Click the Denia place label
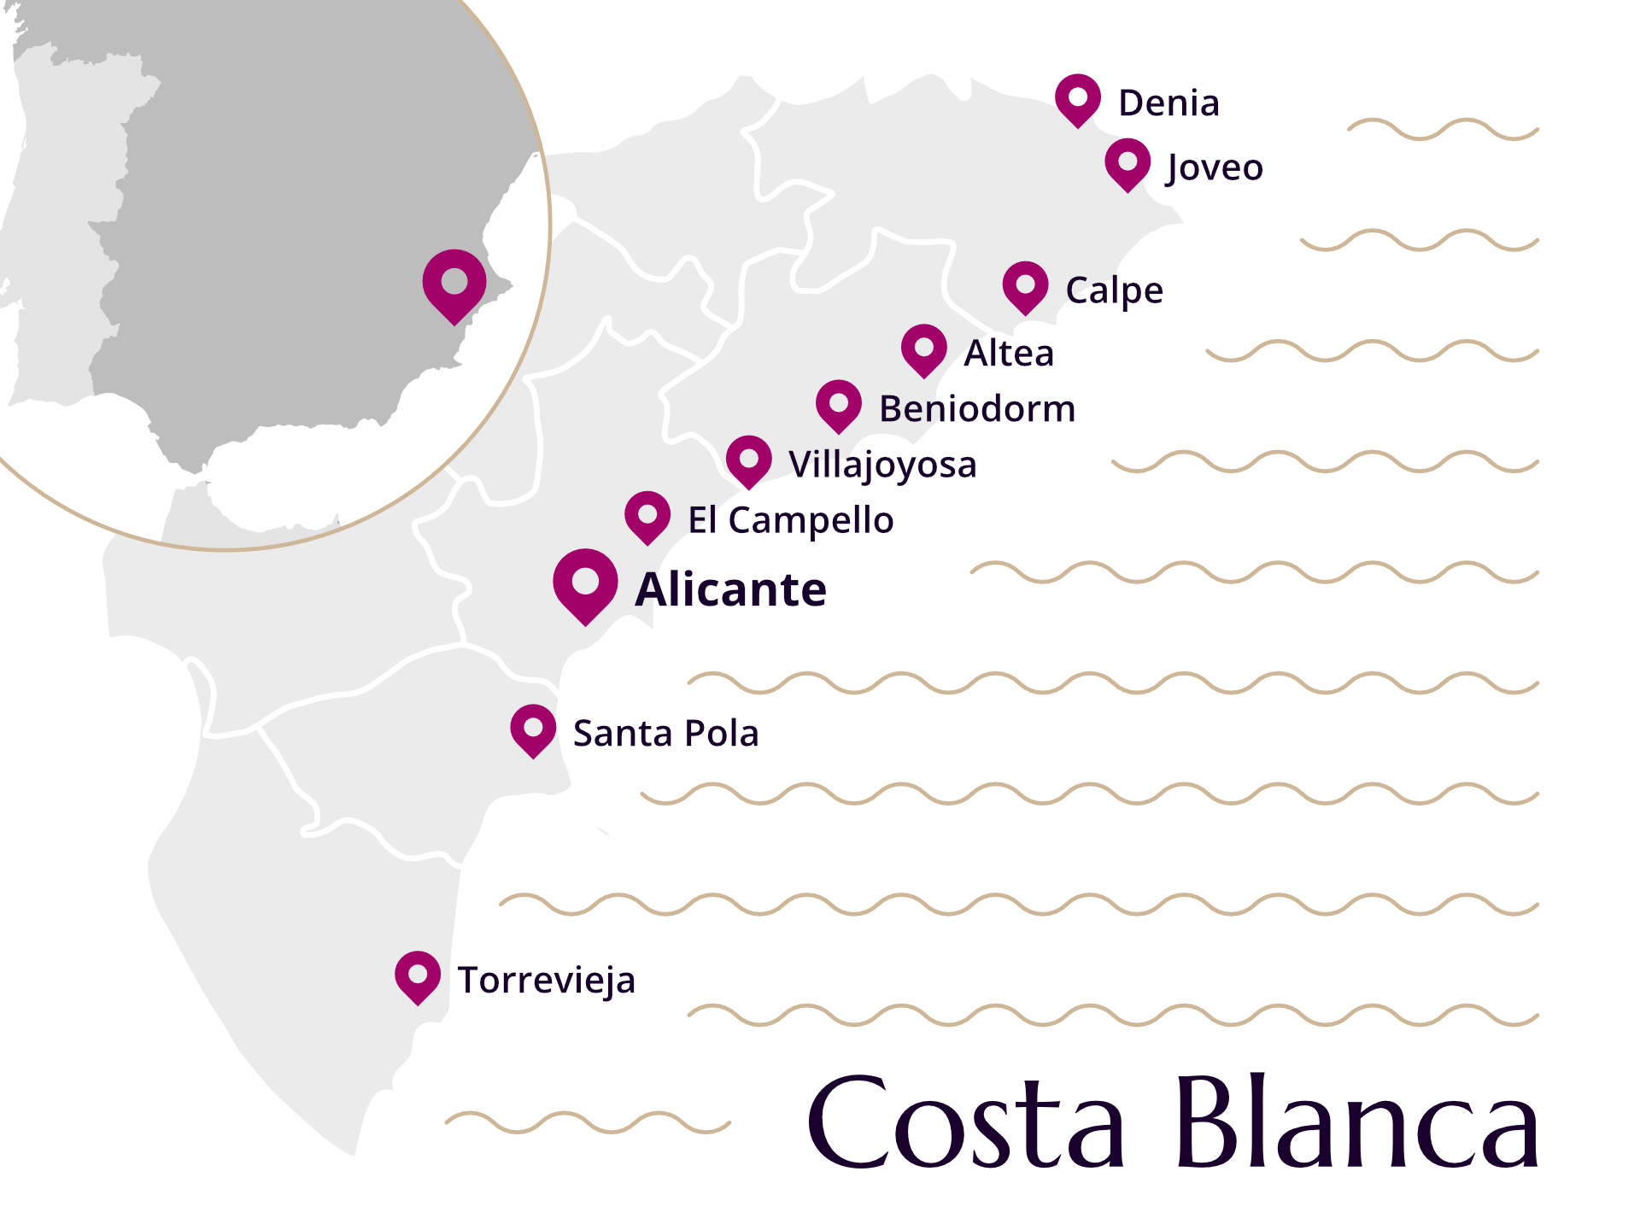(x=1168, y=103)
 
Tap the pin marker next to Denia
(x=1078, y=98)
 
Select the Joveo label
(x=1214, y=167)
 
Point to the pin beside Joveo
(x=1127, y=163)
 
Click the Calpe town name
(x=1114, y=291)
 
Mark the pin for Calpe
(x=1025, y=286)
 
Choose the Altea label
(x=1009, y=354)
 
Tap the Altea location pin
(x=924, y=348)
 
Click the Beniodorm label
(x=977, y=409)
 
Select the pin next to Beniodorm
(x=839, y=404)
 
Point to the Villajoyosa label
(x=882, y=466)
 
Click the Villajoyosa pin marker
(x=749, y=460)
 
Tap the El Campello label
(x=791, y=520)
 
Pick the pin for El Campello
(x=647, y=516)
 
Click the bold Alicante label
(x=731, y=590)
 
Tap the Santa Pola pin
(x=533, y=729)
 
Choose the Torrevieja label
(x=547, y=981)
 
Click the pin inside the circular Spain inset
(x=454, y=283)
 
